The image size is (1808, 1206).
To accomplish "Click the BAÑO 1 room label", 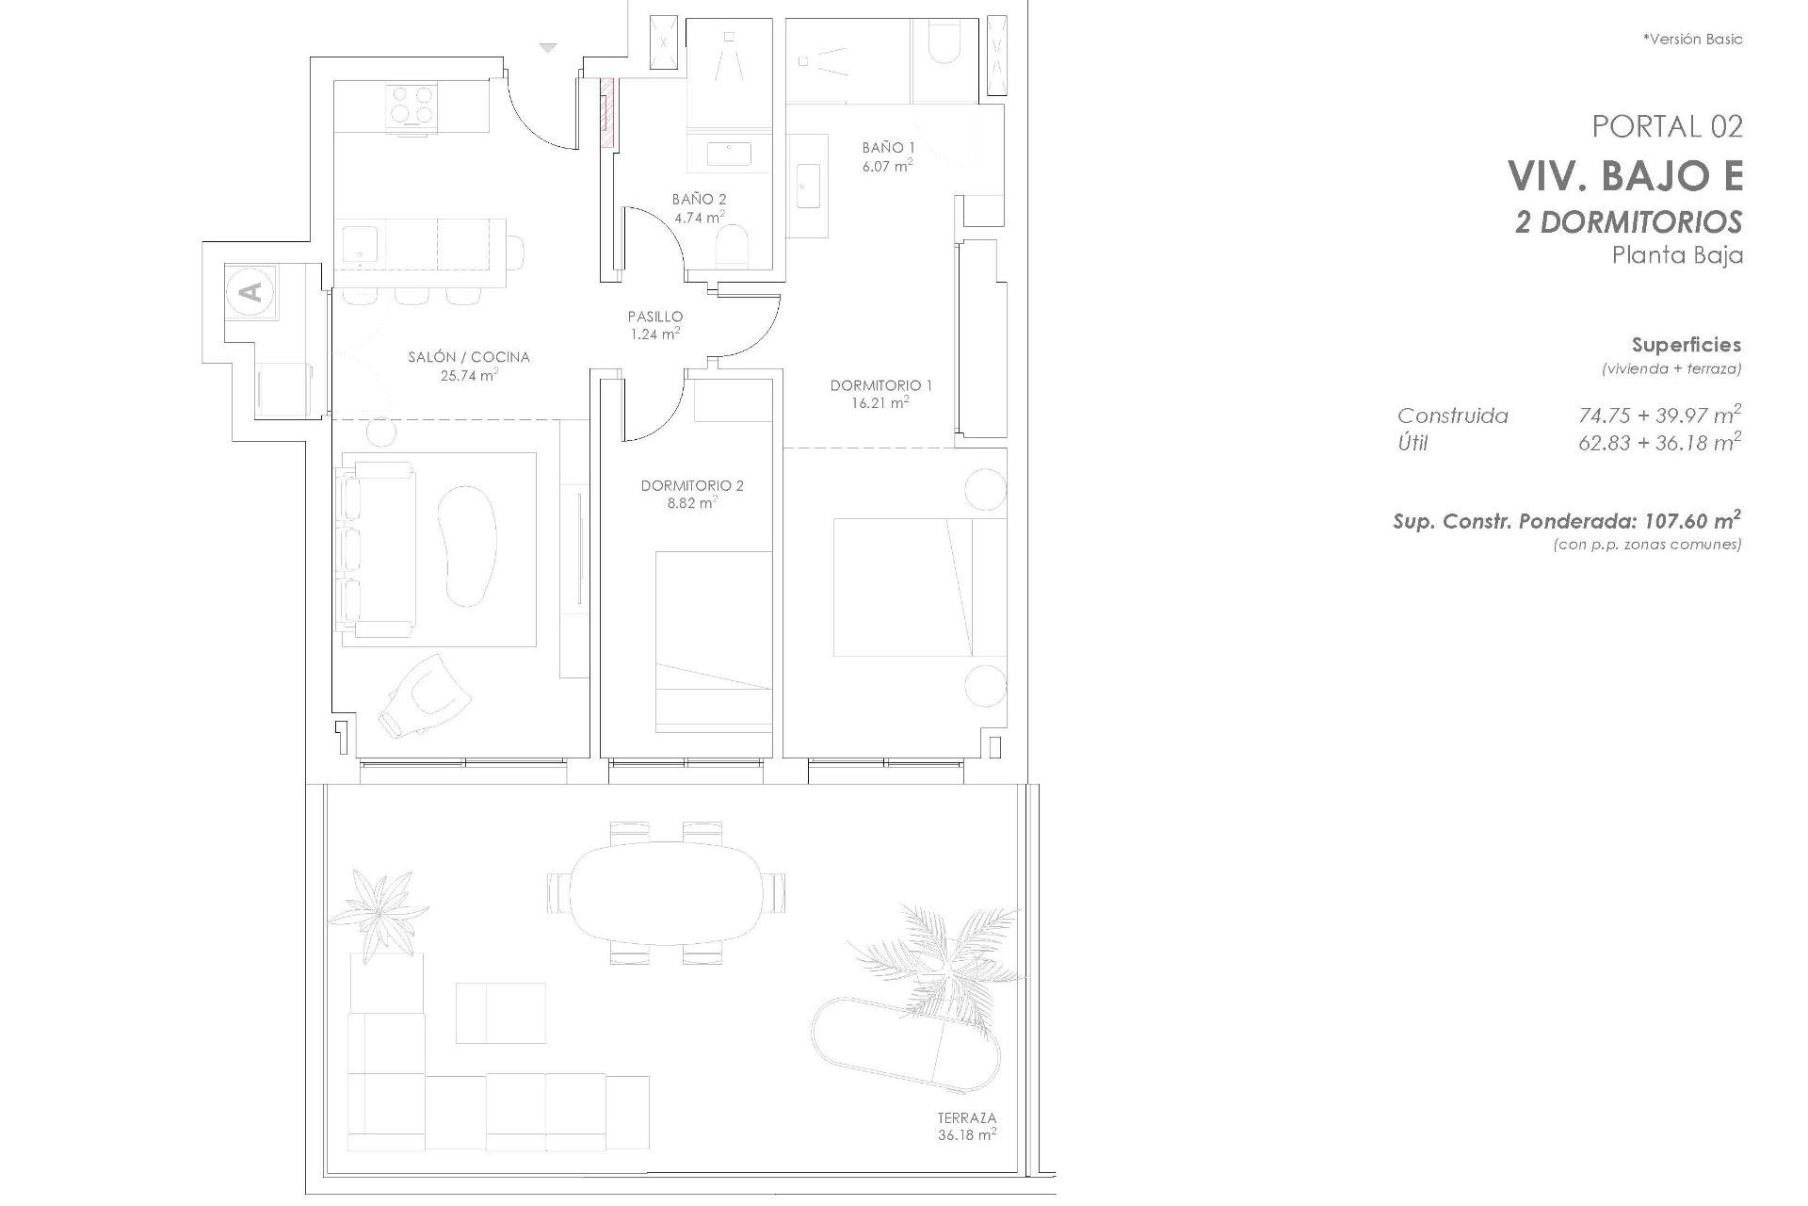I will click(x=888, y=147).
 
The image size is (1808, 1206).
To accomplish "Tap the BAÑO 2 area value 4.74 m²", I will click(x=699, y=217).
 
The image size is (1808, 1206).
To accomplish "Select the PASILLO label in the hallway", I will click(x=655, y=317).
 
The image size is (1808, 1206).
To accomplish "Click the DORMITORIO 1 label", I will click(x=880, y=385).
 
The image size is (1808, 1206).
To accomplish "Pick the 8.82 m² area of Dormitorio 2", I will click(x=692, y=503).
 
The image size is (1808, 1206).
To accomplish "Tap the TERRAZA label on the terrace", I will click(x=966, y=1117).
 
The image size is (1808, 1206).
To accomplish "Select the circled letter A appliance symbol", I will click(x=251, y=291).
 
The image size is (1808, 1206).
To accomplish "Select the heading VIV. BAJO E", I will click(x=1624, y=175).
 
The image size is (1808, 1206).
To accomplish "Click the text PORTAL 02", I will click(x=1667, y=126).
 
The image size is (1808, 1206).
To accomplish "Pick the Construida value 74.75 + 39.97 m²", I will click(x=1659, y=415).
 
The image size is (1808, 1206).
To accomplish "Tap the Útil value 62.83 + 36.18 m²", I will click(x=1659, y=442).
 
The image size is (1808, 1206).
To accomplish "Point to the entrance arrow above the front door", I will click(x=548, y=47).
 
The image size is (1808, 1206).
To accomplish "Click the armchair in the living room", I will click(x=425, y=694).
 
